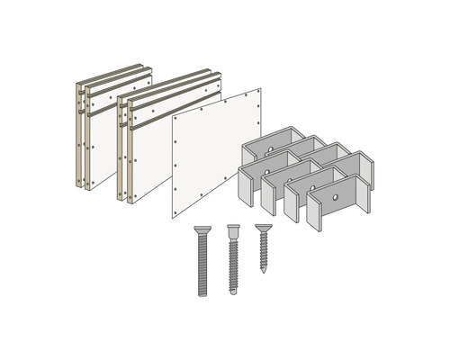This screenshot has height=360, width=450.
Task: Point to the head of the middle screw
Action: coord(234,229)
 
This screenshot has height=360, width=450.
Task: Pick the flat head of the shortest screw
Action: coord(262,228)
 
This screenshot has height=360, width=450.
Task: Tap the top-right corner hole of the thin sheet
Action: coord(256,94)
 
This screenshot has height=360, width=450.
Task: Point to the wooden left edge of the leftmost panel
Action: coord(76,135)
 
